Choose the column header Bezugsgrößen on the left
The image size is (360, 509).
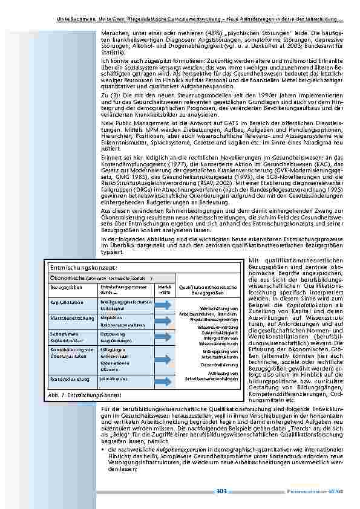pyautogui.click(x=63, y=287)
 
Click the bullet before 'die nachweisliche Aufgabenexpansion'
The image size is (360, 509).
pyautogui.click(x=103, y=450)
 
